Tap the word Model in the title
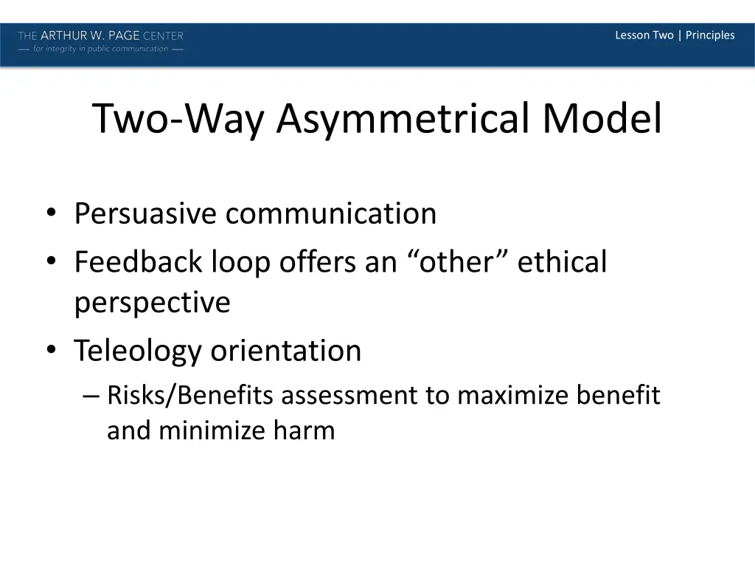tap(602, 118)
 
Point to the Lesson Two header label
tap(644, 35)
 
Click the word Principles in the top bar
tap(710, 35)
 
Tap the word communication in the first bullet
tap(331, 214)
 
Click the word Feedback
tap(139, 262)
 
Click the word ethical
tap(562, 262)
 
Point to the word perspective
tap(152, 302)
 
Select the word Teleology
tap(138, 351)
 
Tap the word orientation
tap(286, 351)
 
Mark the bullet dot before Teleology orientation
tap(51, 351)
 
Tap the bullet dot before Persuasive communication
tap(51, 215)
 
